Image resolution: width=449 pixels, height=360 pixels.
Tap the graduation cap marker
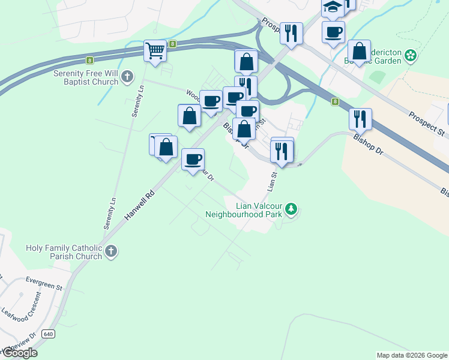332,8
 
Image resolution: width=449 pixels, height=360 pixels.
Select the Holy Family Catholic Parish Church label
64,252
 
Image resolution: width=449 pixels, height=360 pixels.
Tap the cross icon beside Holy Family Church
110,251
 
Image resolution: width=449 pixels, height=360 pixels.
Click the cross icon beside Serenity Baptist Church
127,76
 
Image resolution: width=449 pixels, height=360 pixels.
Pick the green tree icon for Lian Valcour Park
291,209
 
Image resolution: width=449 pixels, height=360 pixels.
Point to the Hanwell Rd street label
140,204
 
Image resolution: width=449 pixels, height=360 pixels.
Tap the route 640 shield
49,334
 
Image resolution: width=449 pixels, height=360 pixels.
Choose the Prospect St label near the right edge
427,123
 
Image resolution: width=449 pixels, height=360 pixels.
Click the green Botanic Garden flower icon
411,56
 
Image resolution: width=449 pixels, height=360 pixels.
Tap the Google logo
19,353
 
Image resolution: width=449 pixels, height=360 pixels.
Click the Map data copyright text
411,355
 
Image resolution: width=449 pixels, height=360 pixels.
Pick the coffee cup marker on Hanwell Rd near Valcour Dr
193,160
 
